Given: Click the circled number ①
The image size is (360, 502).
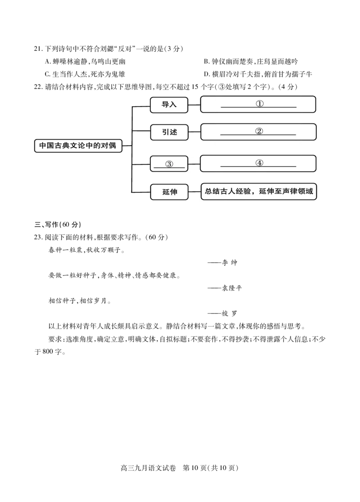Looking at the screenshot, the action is [259, 103].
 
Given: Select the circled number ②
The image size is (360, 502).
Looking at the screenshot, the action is [259, 131].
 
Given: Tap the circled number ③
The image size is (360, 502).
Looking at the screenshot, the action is [169, 164].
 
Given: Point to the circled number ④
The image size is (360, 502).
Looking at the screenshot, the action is [259, 163].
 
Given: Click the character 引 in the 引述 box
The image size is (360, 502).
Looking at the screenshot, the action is [166, 132].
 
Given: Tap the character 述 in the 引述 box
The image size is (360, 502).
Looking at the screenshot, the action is [174, 132].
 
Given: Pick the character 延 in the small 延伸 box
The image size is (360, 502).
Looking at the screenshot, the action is [166, 192].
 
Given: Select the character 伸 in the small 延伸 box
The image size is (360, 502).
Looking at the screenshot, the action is [174, 192].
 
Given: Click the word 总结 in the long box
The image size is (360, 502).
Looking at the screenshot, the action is [213, 191].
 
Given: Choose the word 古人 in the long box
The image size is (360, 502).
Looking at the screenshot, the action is [228, 191].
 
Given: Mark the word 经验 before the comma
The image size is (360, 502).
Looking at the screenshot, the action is [243, 191].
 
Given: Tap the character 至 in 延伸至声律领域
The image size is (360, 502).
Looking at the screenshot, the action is [278, 191].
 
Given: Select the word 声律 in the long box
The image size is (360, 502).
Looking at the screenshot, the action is [290, 191].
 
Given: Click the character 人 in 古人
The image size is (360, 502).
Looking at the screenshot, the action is [232, 191].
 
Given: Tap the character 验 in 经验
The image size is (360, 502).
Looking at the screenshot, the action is [247, 191].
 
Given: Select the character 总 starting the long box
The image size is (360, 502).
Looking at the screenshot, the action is [209, 191].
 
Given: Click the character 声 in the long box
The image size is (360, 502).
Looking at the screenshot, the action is [286, 191].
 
